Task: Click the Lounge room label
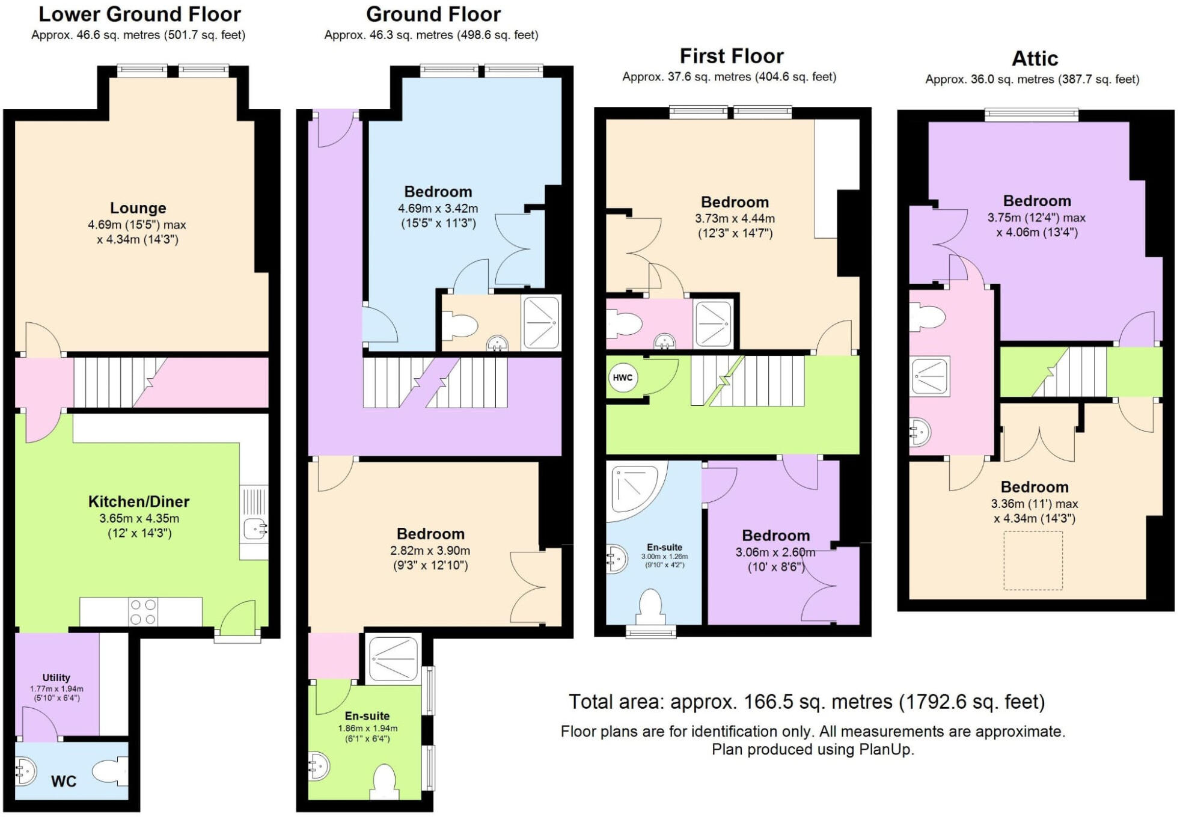pyautogui.click(x=138, y=208)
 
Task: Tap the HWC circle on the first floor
pyautogui.click(x=622, y=378)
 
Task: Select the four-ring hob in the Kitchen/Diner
pyautogui.click(x=143, y=612)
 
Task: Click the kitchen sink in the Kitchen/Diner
pyautogui.click(x=255, y=529)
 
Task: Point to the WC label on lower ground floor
pyautogui.click(x=64, y=781)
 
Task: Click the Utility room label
pyautogui.click(x=57, y=678)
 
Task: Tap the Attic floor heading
pyautogui.click(x=1034, y=59)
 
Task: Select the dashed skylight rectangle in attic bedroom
pyautogui.click(x=1033, y=560)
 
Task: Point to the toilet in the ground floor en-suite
pyautogui.click(x=384, y=782)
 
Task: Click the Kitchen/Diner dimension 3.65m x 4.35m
pyautogui.click(x=139, y=518)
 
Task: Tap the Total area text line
pyautogui.click(x=807, y=702)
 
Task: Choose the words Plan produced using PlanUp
pyautogui.click(x=813, y=749)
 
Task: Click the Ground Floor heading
pyautogui.click(x=433, y=14)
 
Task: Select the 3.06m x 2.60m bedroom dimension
pyautogui.click(x=775, y=552)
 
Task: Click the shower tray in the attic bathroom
pyautogui.click(x=929, y=376)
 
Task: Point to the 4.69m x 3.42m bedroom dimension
pyautogui.click(x=438, y=209)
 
